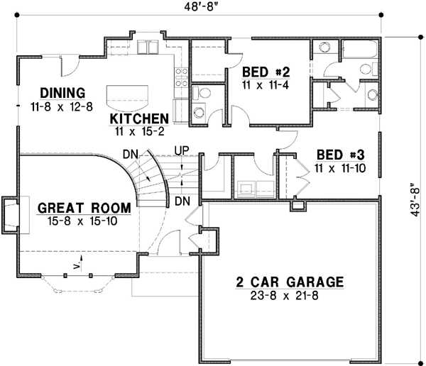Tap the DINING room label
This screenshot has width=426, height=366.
tap(62, 93)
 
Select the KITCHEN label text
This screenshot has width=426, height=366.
tap(138, 118)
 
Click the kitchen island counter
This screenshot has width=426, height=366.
tap(129, 94)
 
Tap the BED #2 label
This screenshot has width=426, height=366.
tap(266, 72)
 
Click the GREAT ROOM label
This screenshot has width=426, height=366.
tap(84, 208)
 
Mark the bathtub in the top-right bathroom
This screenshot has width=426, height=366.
tap(361, 51)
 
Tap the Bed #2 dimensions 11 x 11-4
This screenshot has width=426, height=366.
tap(266, 84)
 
